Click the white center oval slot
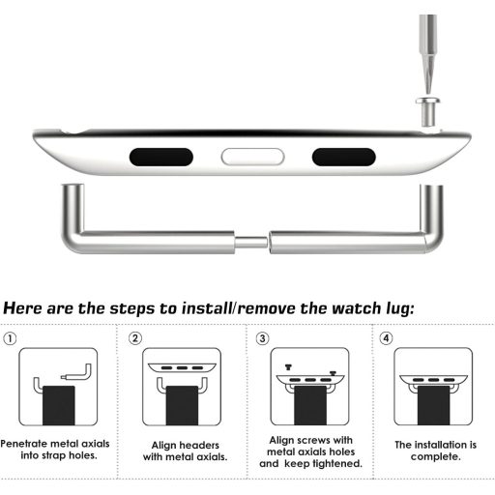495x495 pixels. (250, 157)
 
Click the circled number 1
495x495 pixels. (10, 339)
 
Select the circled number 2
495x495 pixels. (135, 339)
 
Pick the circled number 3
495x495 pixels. (261, 339)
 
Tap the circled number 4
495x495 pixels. (387, 339)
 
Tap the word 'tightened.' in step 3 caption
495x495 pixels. (334, 463)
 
